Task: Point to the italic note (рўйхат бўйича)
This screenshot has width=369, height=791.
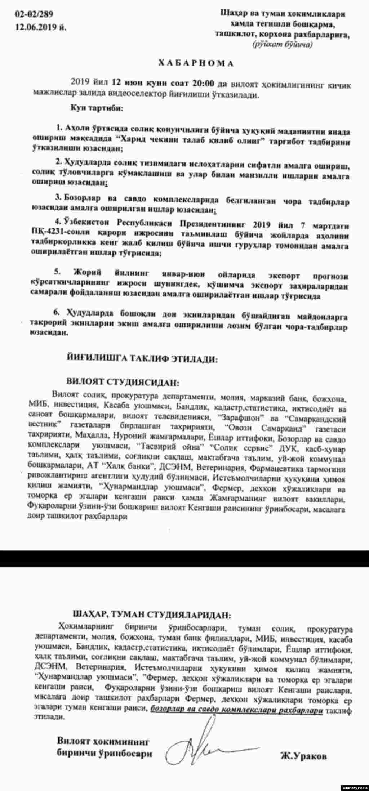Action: [283, 45]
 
